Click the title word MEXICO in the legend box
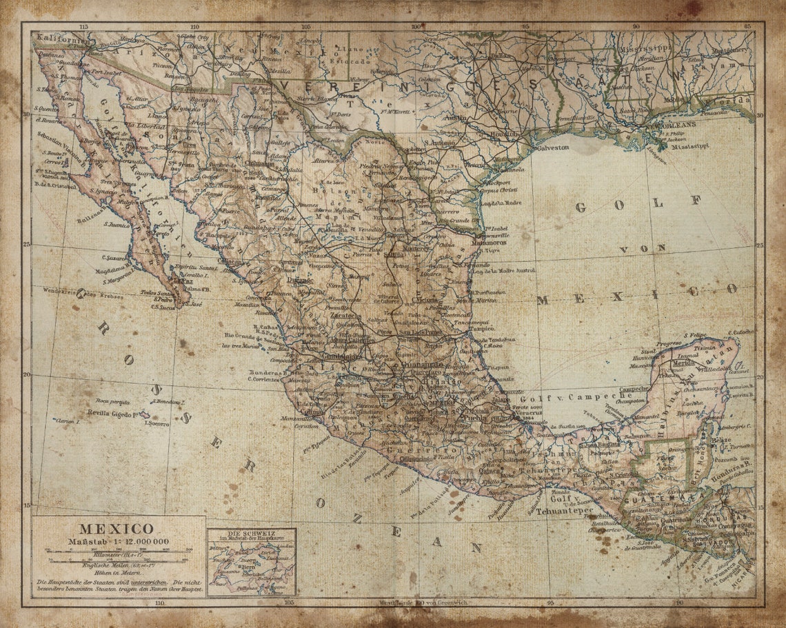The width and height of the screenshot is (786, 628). (x=106, y=529)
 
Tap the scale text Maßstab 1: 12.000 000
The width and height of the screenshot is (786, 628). (x=118, y=541)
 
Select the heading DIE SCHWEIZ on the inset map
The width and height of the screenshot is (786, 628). (x=251, y=533)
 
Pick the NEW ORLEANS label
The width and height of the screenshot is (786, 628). (x=672, y=126)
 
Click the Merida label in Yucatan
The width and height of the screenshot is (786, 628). (x=683, y=363)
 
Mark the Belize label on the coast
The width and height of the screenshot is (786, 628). (x=720, y=439)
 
